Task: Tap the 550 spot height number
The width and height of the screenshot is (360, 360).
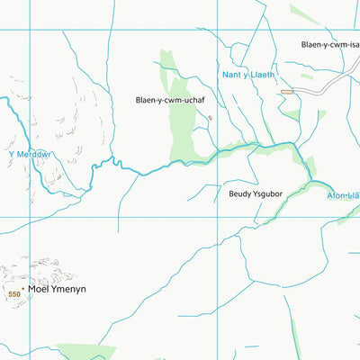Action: click(x=13, y=294)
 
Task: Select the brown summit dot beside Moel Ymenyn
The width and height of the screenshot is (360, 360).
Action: click(x=22, y=290)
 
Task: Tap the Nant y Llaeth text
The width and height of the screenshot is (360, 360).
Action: click(x=248, y=76)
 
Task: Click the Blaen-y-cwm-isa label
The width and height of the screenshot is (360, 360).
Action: click(x=329, y=43)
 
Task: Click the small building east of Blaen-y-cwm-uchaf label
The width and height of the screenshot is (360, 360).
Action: click(x=210, y=116)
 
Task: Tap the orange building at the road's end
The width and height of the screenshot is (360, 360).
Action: click(x=287, y=91)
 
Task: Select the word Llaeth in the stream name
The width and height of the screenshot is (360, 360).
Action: click(x=261, y=76)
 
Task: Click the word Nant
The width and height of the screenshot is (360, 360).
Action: click(x=231, y=76)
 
